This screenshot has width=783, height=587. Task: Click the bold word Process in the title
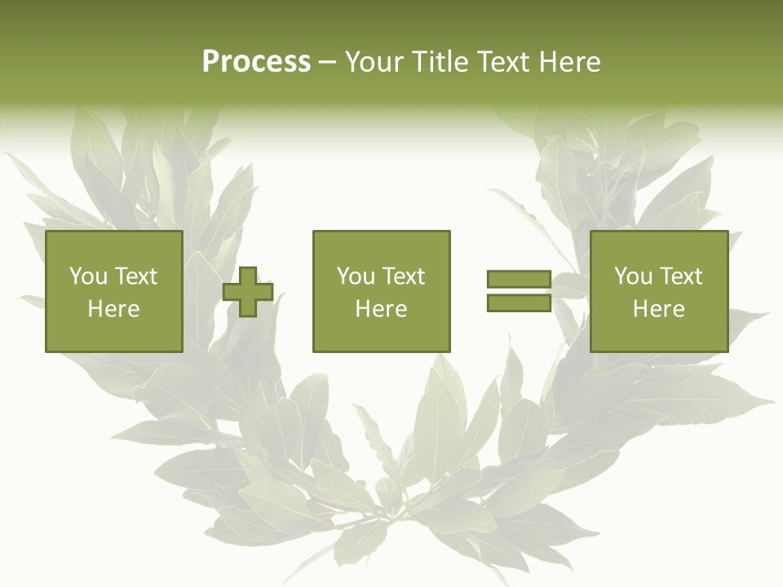coord(256,62)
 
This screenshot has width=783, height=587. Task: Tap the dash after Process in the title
coord(328,62)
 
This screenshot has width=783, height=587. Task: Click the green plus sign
coord(248,292)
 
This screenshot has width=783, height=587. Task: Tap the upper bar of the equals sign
coord(519,279)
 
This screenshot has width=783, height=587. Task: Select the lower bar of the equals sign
coord(519,303)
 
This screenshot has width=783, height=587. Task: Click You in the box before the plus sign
coord(88,276)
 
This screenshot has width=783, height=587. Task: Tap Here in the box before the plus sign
coord(113,309)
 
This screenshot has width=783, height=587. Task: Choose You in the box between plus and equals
coord(356,276)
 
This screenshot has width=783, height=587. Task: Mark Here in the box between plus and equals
coord(381,309)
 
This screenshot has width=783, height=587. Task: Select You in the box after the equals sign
coord(633,276)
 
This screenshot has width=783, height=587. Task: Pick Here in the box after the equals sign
coord(658,309)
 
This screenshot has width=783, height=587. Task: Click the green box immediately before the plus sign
coord(113,334)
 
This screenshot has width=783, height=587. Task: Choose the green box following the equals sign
coord(658,334)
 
